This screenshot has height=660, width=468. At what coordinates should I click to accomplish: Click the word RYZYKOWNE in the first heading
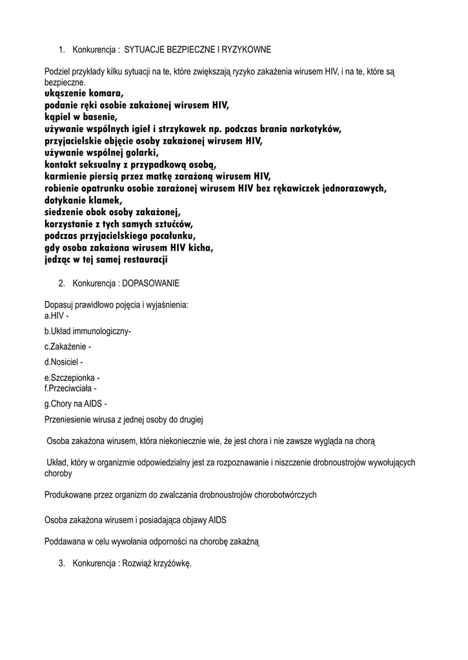248,49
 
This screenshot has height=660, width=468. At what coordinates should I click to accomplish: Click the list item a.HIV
56,316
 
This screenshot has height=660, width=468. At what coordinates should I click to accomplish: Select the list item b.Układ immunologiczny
87,331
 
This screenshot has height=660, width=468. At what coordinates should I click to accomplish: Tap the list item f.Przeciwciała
70,389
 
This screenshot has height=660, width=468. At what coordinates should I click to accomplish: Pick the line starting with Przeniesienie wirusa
124,420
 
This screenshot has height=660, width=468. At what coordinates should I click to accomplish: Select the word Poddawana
65,542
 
